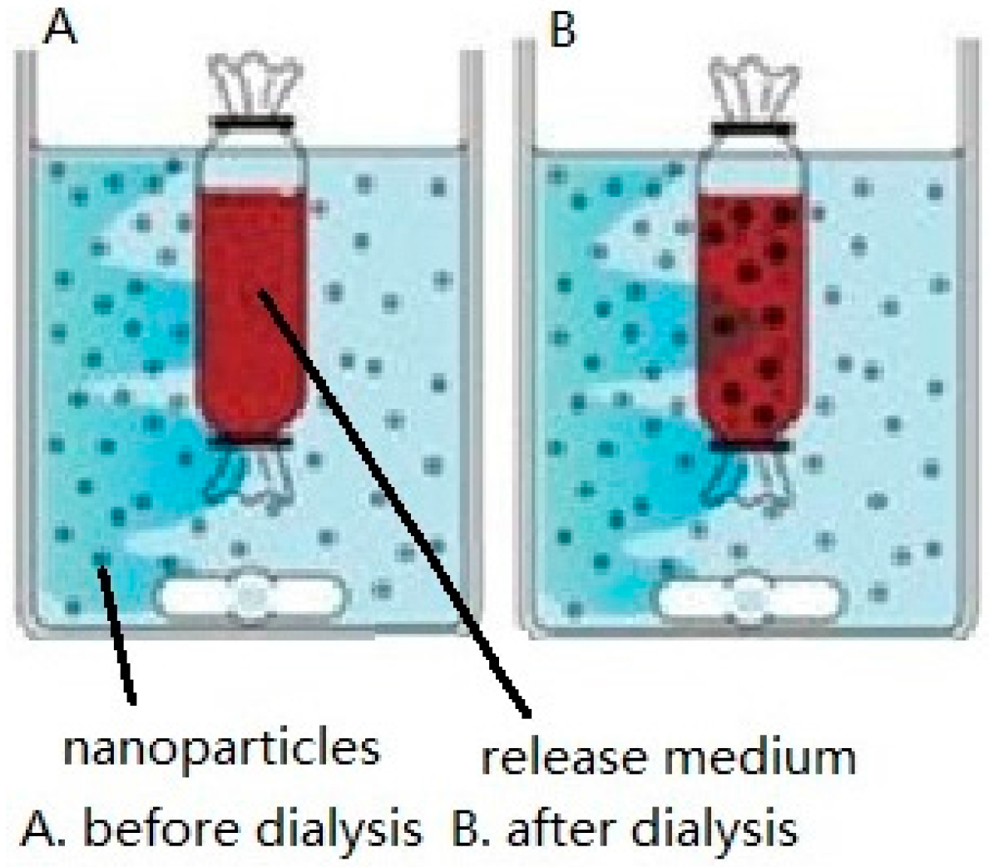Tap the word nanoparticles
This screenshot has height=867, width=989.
tap(222, 749)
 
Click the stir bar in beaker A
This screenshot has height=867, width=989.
tap(250, 596)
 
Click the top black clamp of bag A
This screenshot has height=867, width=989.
tap(252, 123)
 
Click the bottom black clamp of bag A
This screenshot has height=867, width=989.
tap(250, 441)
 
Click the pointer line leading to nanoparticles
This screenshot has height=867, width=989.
tap(116, 632)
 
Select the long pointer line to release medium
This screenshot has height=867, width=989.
tap(391, 499)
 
